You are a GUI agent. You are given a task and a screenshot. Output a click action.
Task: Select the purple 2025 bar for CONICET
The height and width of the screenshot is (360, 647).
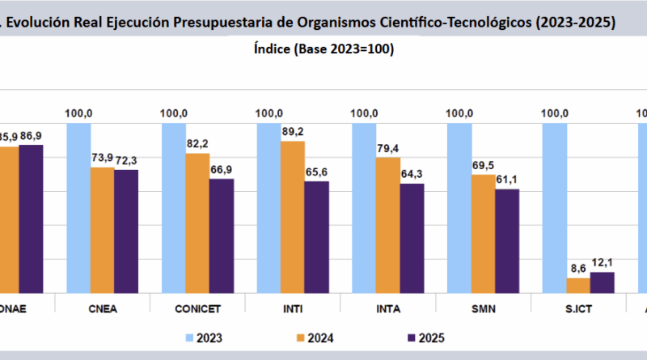(x=222, y=235)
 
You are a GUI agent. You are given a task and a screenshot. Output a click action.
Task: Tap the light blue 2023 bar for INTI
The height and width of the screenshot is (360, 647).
(x=269, y=207)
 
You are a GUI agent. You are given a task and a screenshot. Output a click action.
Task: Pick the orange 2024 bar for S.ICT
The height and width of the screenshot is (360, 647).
(x=578, y=284)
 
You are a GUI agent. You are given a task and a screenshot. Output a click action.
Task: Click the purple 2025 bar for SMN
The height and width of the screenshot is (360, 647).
(x=507, y=239)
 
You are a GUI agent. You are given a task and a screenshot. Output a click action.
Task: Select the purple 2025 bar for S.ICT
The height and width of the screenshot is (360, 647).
(x=603, y=282)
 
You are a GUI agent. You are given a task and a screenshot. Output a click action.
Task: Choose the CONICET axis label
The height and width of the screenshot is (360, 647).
(x=197, y=307)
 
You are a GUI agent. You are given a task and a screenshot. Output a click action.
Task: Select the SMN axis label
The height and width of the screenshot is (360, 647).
(x=483, y=307)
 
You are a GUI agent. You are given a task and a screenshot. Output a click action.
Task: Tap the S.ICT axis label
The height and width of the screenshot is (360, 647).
(x=578, y=307)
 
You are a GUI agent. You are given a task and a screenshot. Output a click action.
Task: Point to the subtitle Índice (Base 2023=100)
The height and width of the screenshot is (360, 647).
(x=323, y=49)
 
